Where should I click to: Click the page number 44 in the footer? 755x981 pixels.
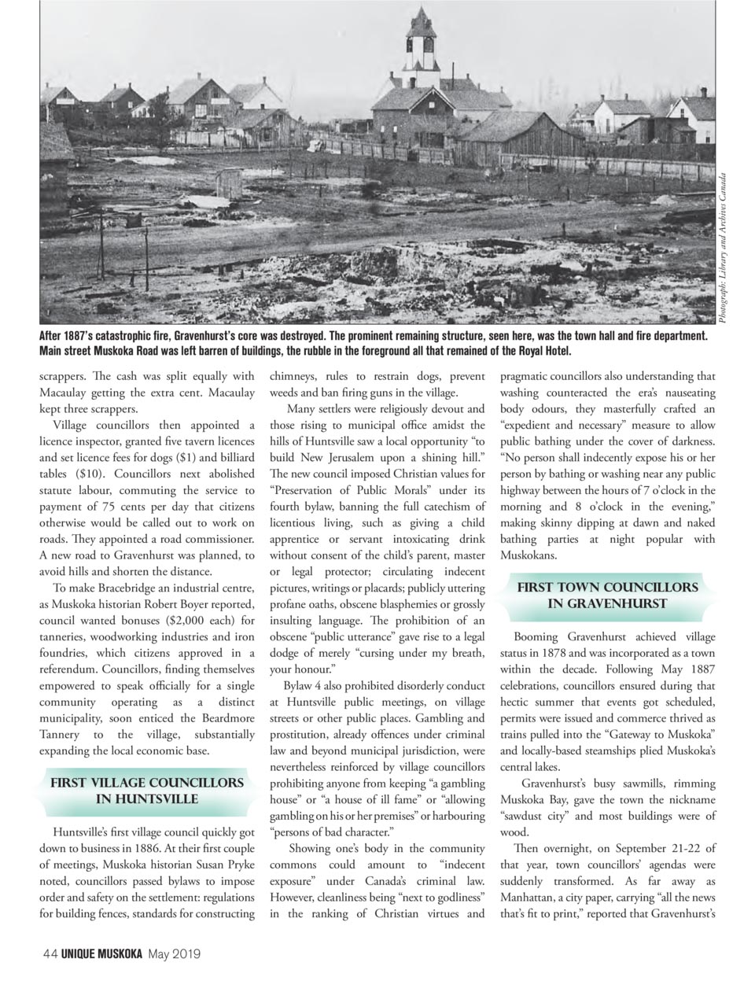(x=50, y=954)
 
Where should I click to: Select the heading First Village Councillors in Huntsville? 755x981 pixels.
(x=146, y=791)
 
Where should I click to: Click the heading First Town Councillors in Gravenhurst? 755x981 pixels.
(x=606, y=596)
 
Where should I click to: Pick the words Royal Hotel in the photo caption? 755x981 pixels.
(x=536, y=350)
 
